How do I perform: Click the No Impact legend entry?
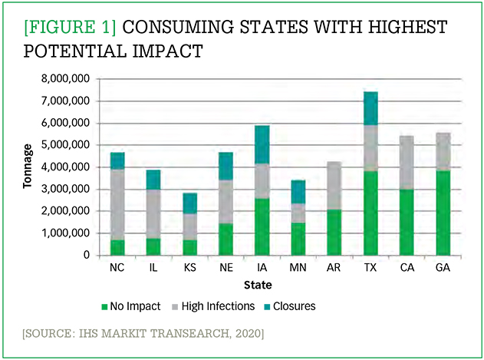(x=132, y=306)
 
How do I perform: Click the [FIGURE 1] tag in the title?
(x=70, y=26)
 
